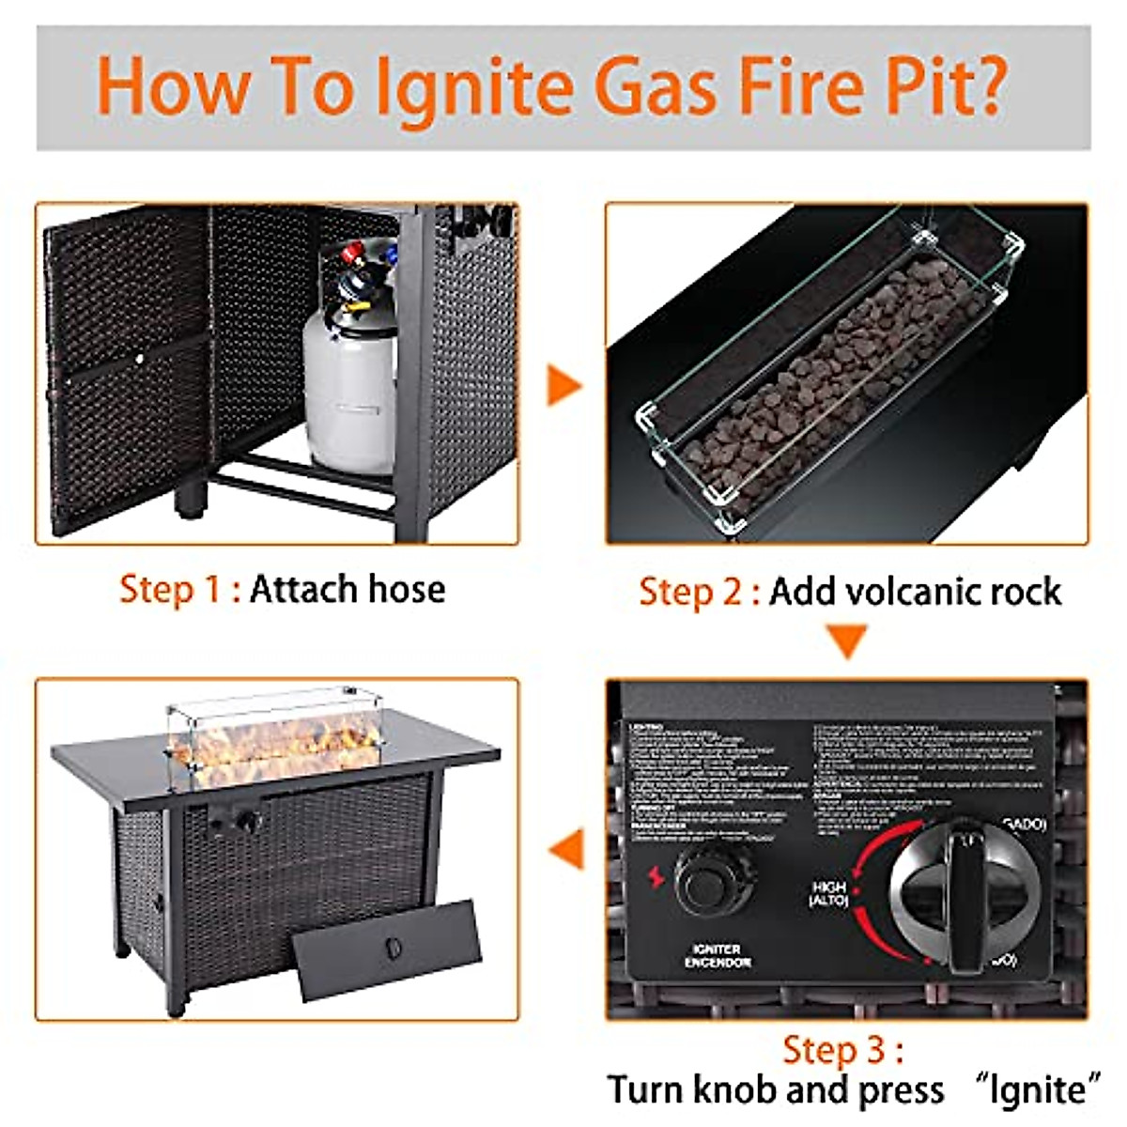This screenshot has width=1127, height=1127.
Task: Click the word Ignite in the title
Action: (480, 86)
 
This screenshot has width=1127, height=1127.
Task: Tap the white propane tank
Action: (349, 394)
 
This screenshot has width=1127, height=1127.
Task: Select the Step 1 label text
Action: (179, 590)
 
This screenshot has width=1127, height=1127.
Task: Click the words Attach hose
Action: (347, 590)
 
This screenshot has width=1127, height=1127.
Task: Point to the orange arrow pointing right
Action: (563, 385)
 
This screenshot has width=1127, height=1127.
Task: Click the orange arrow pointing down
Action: (848, 641)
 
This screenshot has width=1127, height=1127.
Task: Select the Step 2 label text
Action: (699, 592)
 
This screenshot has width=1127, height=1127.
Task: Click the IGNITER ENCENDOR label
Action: (718, 956)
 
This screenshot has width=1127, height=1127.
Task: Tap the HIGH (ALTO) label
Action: (828, 893)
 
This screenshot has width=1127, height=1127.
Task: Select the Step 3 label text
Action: (842, 1049)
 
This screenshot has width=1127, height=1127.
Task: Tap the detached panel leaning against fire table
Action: (385, 950)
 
